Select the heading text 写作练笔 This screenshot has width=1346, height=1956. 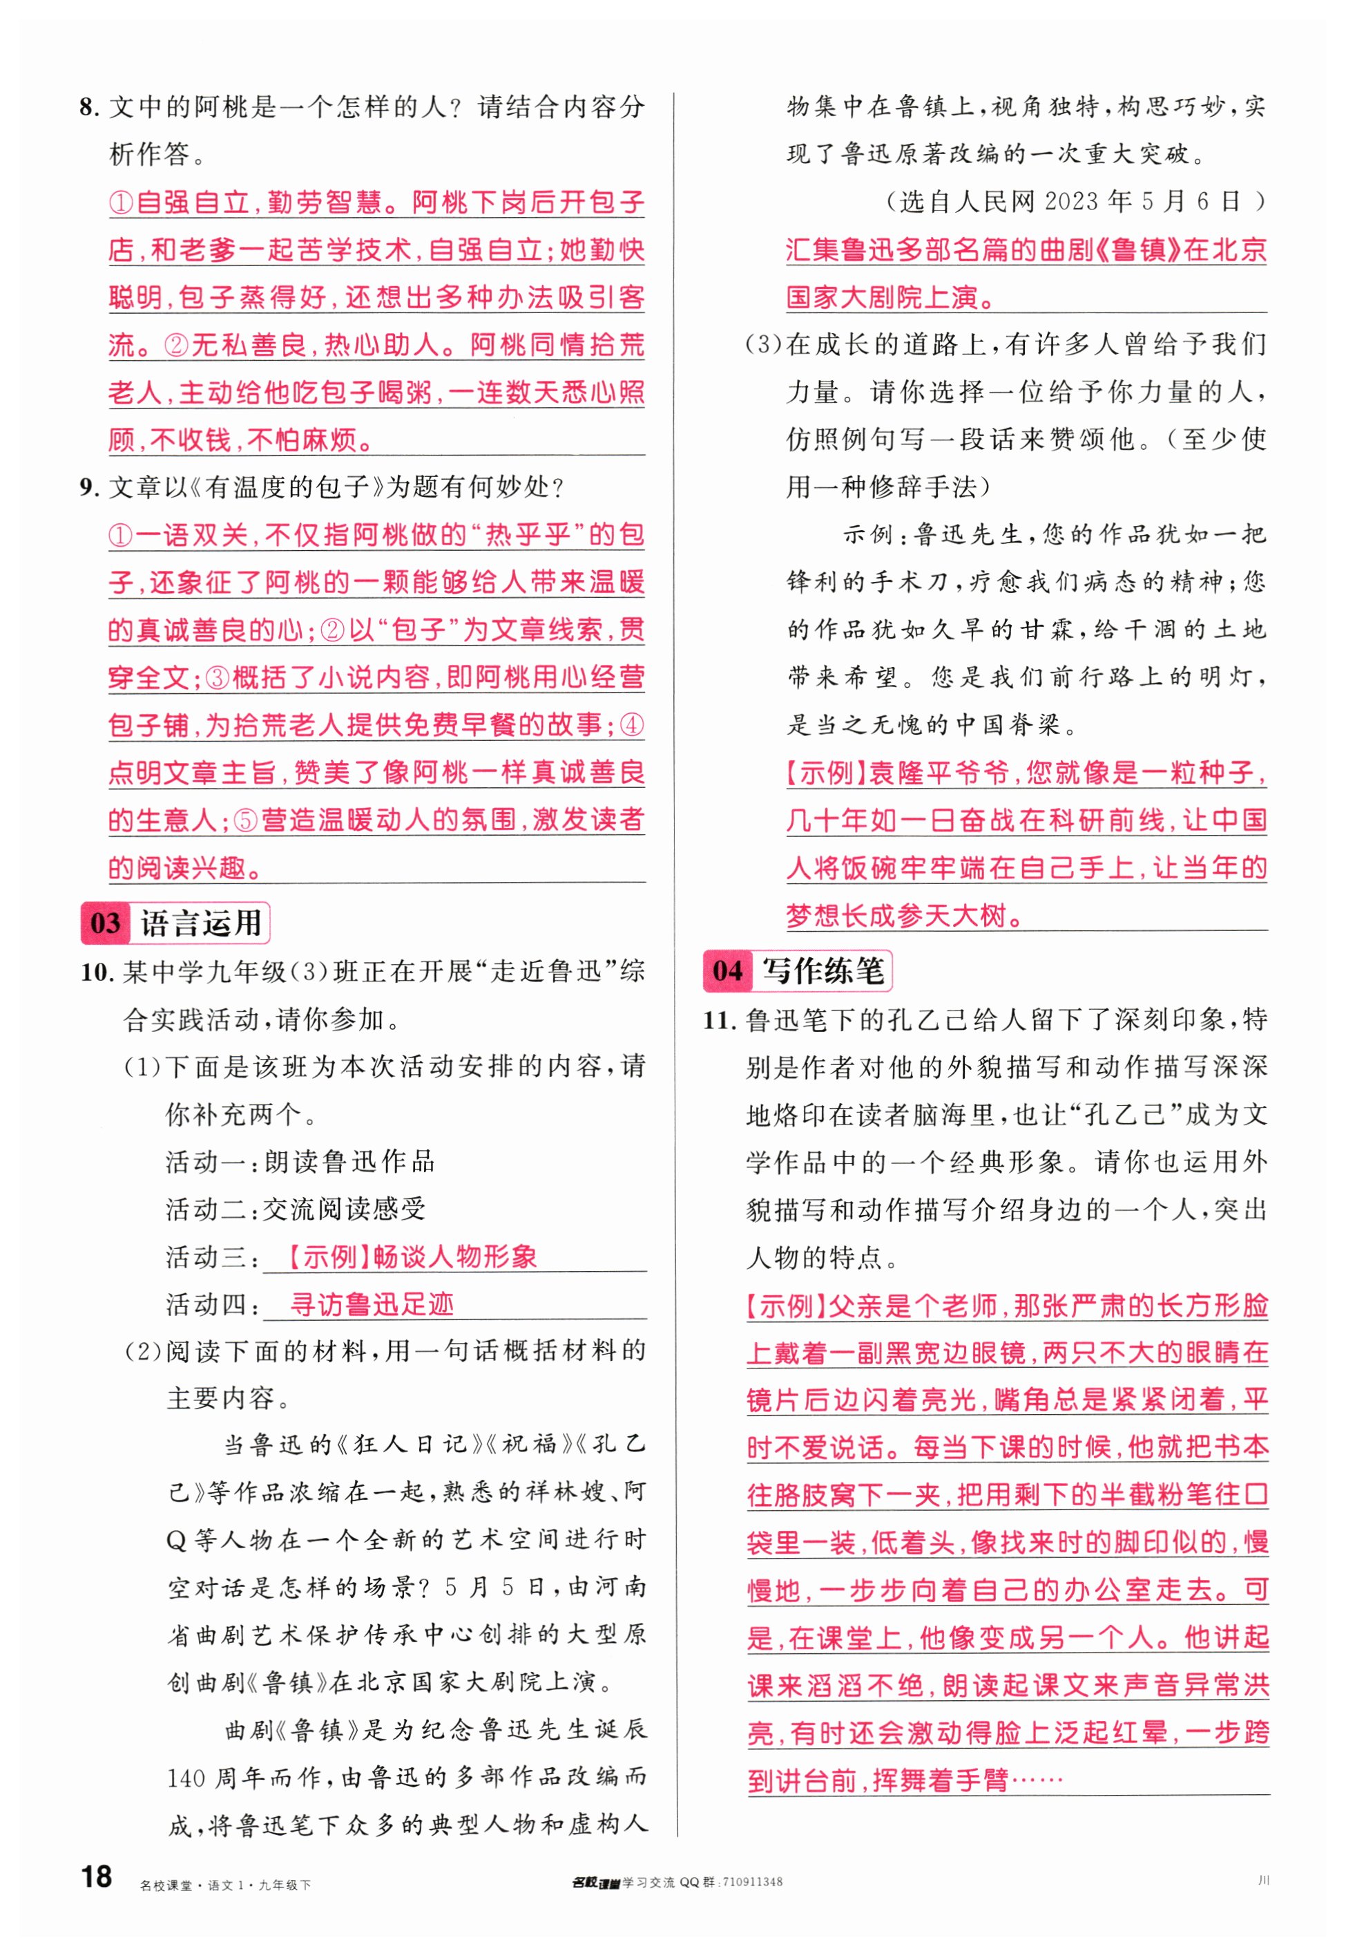[823, 970]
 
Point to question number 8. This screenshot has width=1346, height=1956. [88, 108]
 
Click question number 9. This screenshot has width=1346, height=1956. [88, 488]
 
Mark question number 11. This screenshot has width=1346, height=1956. [720, 1020]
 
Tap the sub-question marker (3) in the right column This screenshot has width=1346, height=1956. [763, 345]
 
